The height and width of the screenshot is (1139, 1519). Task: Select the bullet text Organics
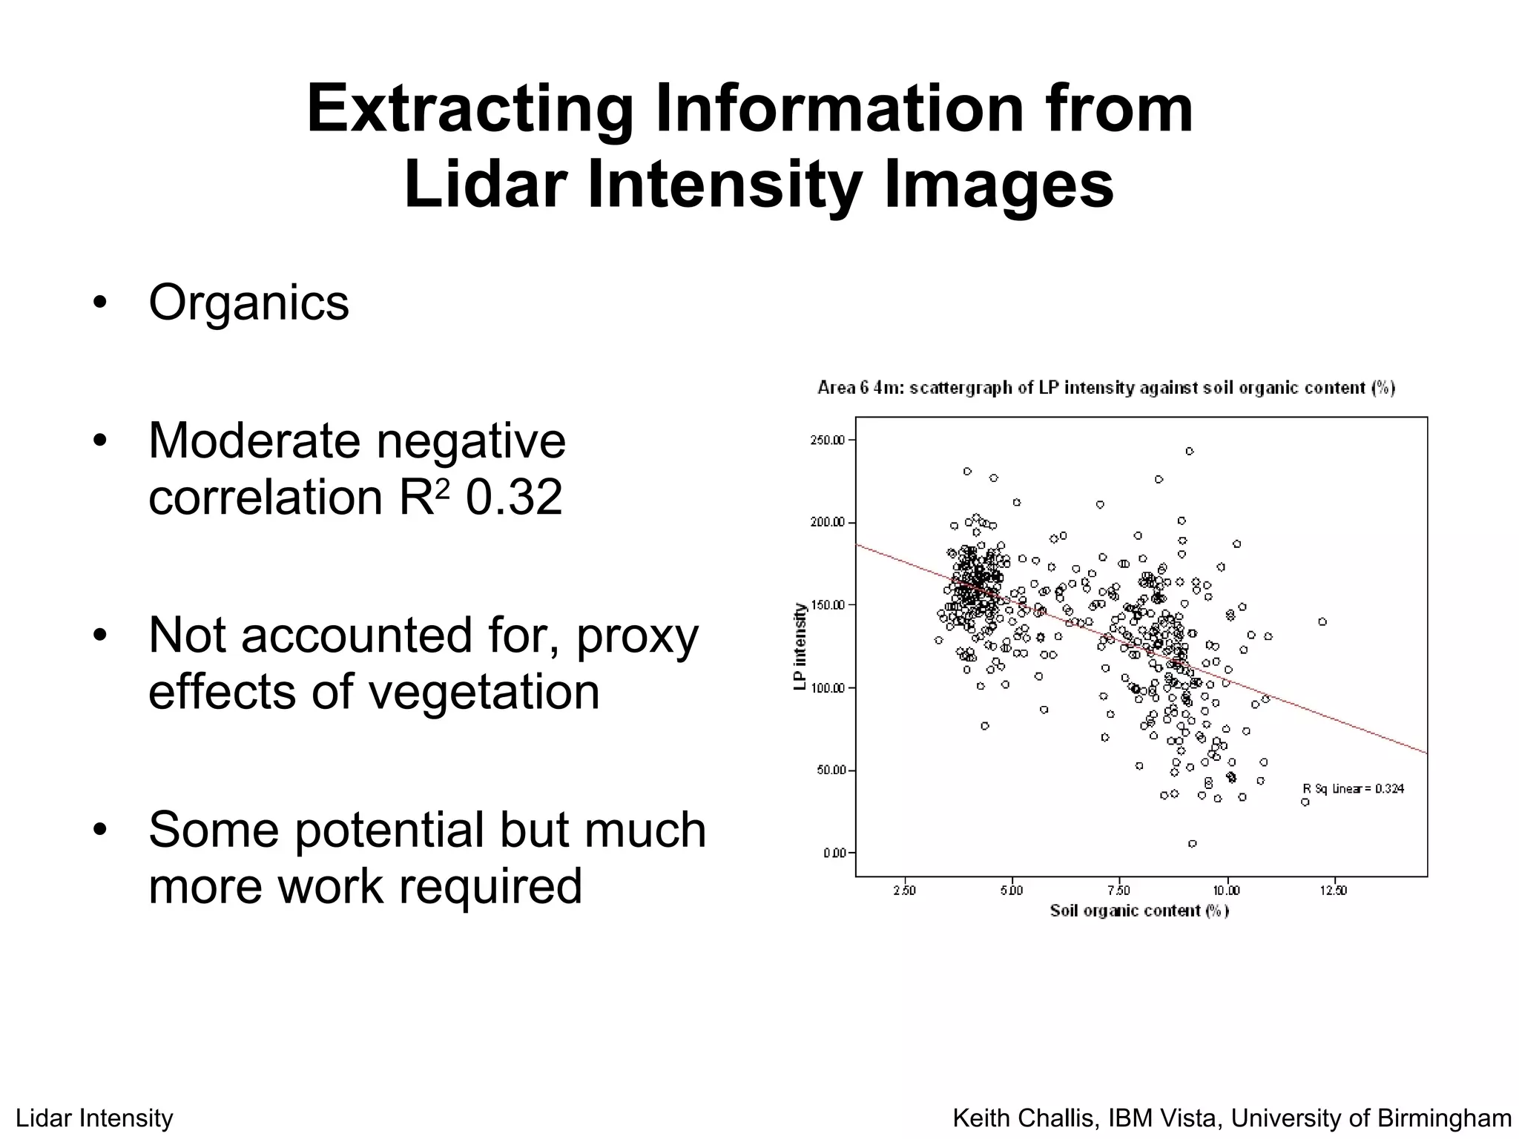pos(248,303)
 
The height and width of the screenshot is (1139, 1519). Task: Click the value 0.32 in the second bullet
pos(513,497)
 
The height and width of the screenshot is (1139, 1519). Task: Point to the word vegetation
pos(484,691)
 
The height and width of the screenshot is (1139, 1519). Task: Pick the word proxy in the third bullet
pos(637,635)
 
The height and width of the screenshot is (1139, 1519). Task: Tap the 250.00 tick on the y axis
pos(827,440)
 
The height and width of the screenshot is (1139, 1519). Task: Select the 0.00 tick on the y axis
pos(834,854)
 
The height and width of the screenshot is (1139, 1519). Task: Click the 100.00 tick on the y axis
pos(827,688)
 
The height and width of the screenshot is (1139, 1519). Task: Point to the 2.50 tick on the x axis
pos(904,891)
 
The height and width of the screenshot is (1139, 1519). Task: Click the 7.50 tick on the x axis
pos(1118,891)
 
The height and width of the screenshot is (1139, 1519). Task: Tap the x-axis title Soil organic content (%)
pos(1139,911)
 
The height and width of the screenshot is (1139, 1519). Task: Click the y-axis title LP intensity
pos(800,647)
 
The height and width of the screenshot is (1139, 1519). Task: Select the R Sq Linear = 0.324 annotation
pos(1354,789)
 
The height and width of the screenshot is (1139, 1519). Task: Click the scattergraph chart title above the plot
pos(1106,388)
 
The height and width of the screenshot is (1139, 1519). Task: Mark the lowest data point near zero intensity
pos(1192,844)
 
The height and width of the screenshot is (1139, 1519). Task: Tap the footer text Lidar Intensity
pos(94,1118)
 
